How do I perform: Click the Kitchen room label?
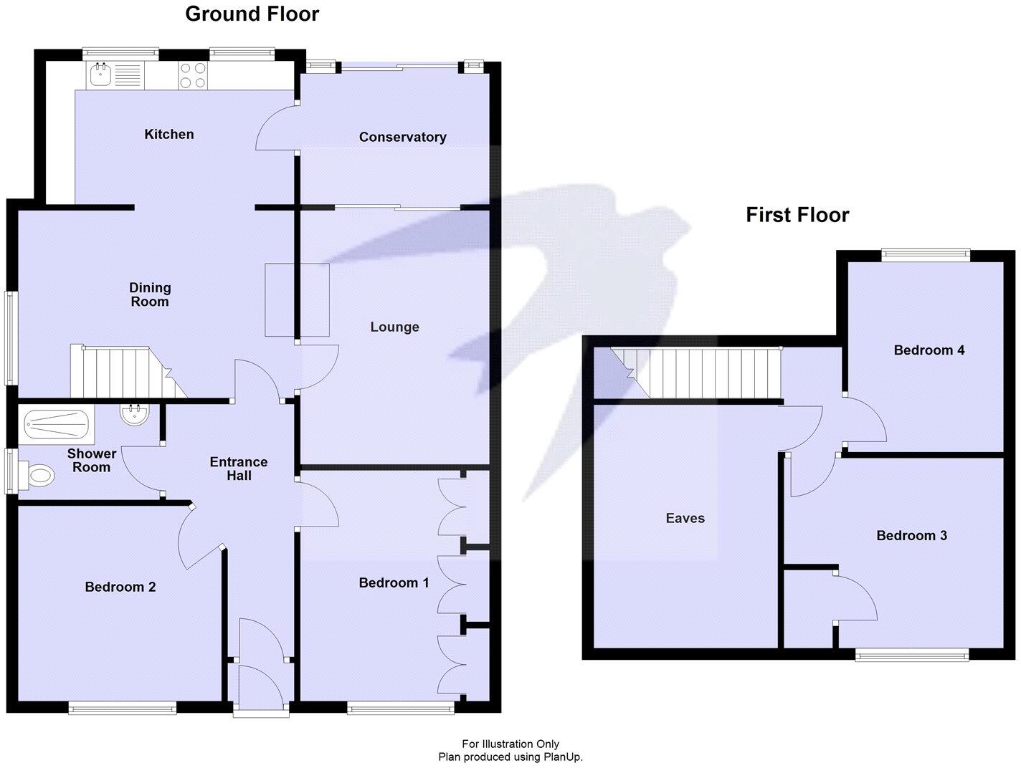(x=169, y=134)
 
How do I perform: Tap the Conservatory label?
(x=402, y=137)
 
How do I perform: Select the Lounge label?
(x=394, y=327)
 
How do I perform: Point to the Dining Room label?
(x=150, y=294)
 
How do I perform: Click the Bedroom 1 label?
(x=394, y=582)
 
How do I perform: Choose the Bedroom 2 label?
(x=120, y=587)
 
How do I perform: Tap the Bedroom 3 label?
(x=911, y=535)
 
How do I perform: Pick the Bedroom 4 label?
(x=929, y=350)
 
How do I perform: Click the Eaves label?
(x=685, y=518)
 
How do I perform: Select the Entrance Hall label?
(x=239, y=469)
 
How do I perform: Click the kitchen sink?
(x=99, y=74)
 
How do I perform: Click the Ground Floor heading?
(x=252, y=14)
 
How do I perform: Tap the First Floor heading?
(x=797, y=215)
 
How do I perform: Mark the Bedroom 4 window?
(x=925, y=252)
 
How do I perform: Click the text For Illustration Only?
(x=510, y=744)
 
